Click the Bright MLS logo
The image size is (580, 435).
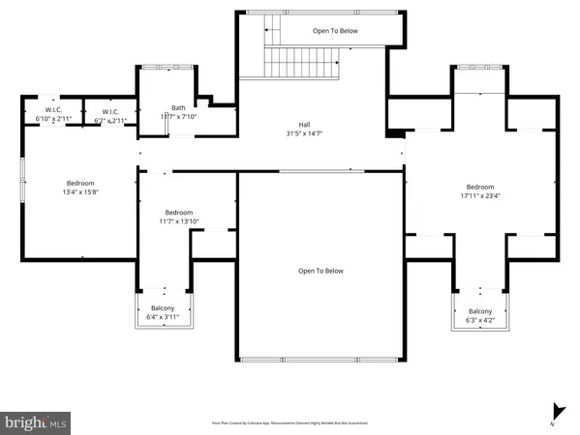click(36, 422)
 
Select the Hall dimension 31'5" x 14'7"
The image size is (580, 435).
click(305, 133)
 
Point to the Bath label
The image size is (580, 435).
click(178, 107)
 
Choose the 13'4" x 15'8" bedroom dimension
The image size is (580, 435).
click(80, 191)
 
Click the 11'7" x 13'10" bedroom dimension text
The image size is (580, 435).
click(178, 221)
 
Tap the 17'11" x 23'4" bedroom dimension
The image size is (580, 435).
click(480, 196)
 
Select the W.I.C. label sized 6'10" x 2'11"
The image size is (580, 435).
click(53, 120)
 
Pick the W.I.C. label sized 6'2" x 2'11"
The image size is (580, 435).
click(109, 120)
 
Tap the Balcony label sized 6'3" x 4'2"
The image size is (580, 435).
click(480, 319)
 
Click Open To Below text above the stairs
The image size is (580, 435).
click(335, 31)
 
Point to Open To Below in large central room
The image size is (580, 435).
click(321, 272)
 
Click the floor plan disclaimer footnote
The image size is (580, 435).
click(290, 422)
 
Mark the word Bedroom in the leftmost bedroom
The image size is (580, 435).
click(80, 183)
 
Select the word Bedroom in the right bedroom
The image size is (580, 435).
click(480, 188)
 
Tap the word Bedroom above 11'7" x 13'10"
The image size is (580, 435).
click(178, 213)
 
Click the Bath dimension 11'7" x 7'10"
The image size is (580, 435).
click(178, 116)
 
